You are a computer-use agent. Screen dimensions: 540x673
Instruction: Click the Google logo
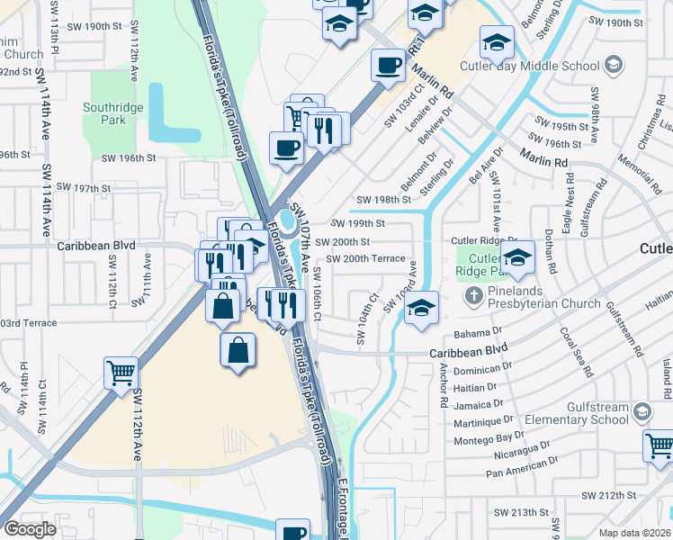(x=29, y=529)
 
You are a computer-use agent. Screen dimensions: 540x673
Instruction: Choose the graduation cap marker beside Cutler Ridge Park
(x=517, y=260)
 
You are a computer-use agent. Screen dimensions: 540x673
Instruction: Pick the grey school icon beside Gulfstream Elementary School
(x=642, y=412)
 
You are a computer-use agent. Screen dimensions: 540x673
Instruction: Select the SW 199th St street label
(x=357, y=223)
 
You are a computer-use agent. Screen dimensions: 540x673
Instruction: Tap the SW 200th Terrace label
(x=365, y=258)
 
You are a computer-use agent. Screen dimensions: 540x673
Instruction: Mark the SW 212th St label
(x=608, y=495)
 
